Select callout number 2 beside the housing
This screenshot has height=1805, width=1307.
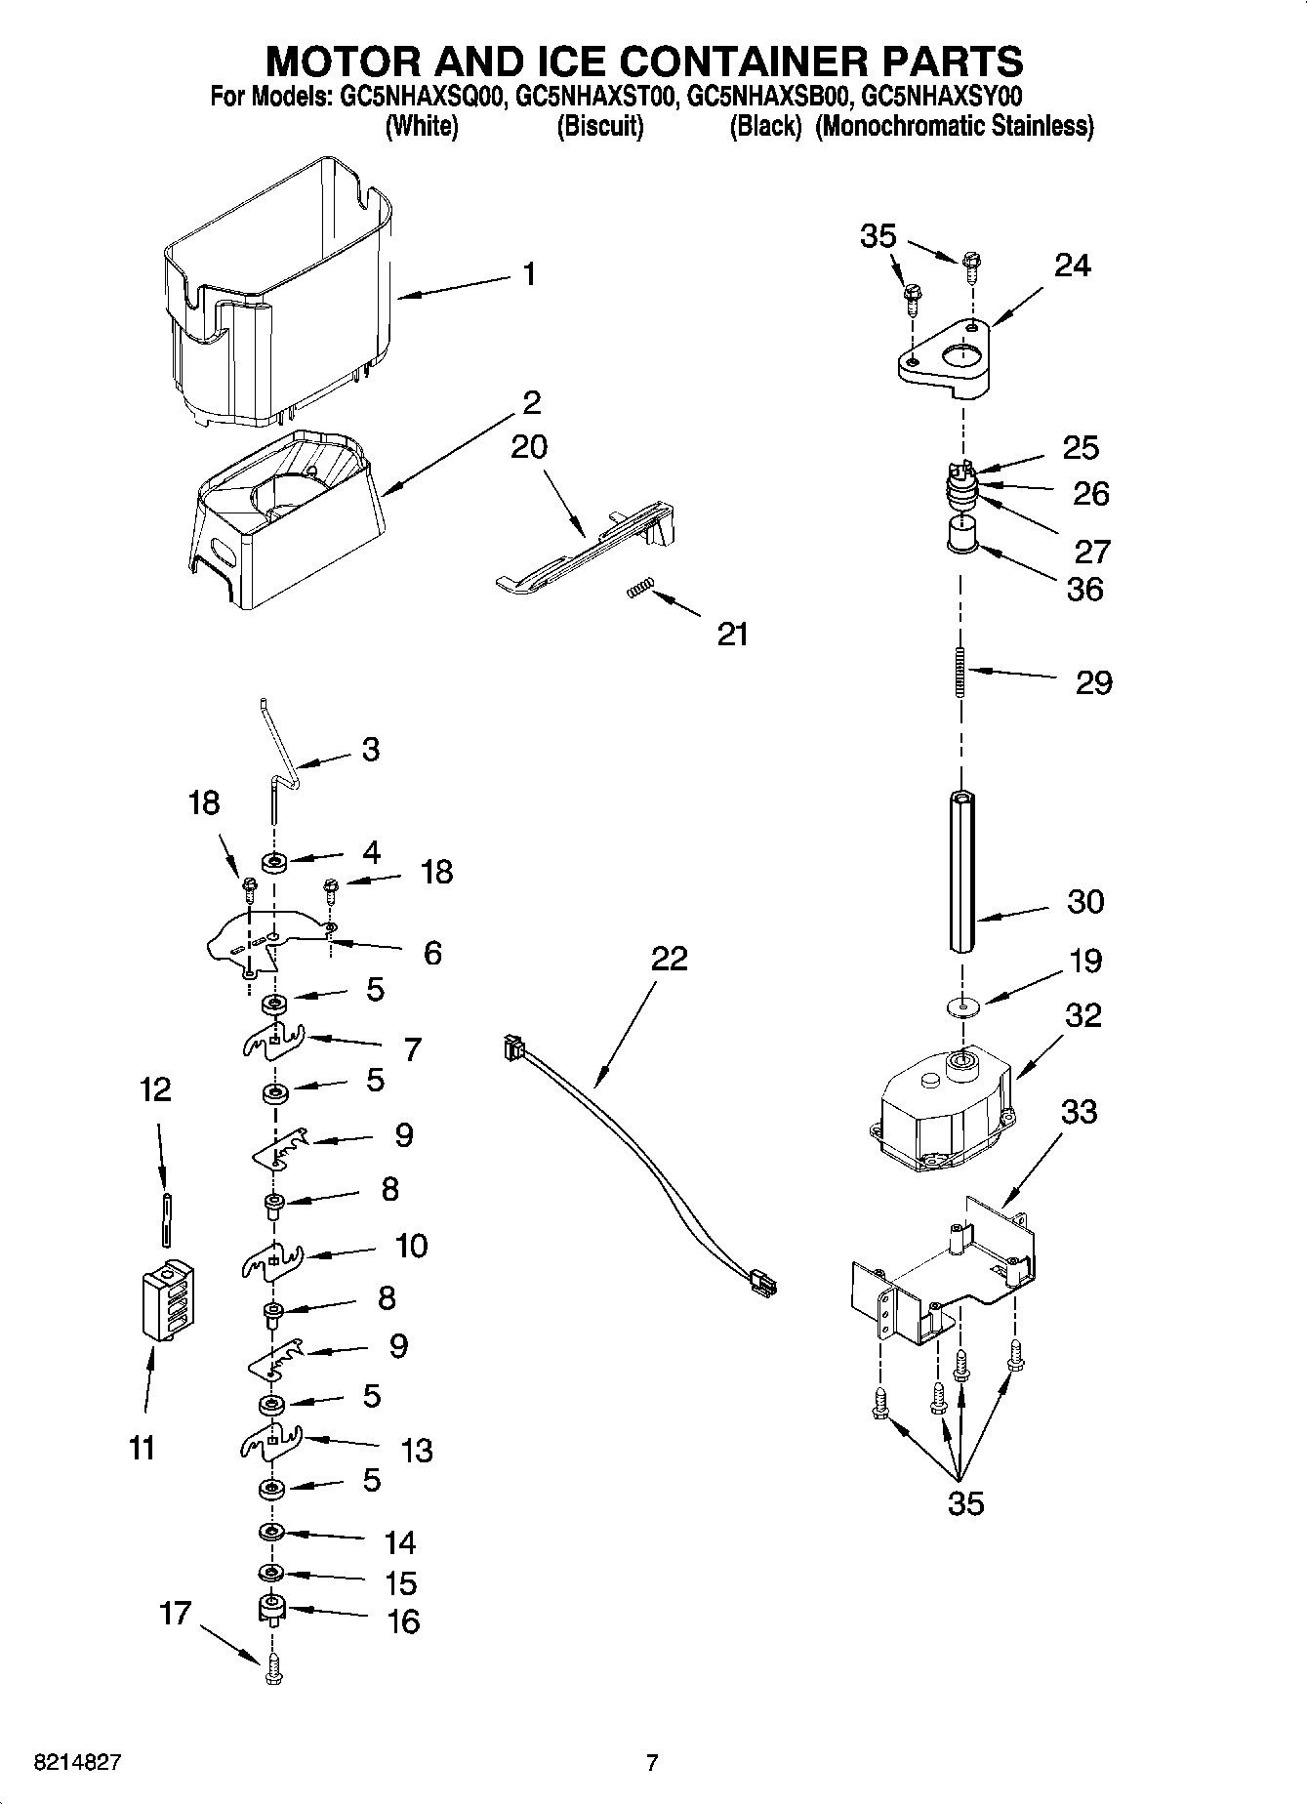(531, 402)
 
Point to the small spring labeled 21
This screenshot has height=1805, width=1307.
(639, 589)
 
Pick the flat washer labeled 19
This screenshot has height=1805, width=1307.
(962, 1005)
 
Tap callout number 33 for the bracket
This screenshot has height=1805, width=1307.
(1079, 1111)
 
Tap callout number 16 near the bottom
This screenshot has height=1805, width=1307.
(403, 1621)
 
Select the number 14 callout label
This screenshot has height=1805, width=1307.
(400, 1543)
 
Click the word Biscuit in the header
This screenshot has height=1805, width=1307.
(600, 126)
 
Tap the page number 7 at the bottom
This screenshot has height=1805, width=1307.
(652, 1762)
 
